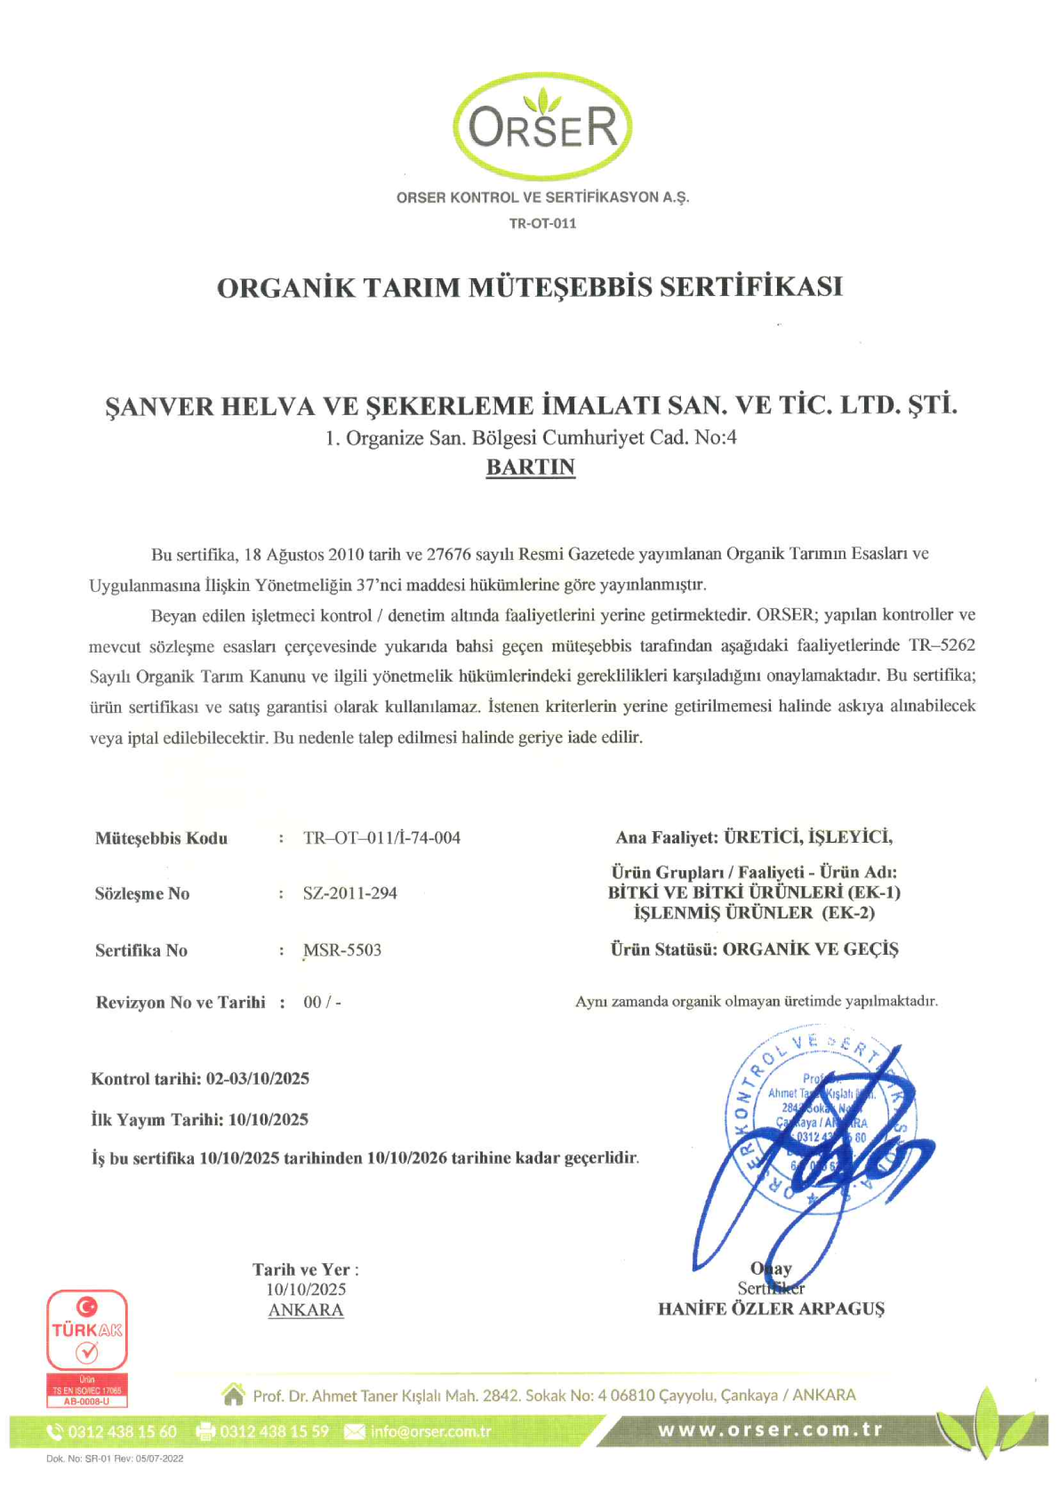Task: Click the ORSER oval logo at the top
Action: [542, 125]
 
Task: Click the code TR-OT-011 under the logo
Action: [542, 223]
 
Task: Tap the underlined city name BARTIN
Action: [530, 468]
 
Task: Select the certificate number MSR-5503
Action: [342, 950]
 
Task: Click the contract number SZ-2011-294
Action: [349, 893]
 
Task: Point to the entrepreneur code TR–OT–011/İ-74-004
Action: [381, 837]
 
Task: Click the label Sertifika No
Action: [141, 950]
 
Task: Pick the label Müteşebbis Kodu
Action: [161, 838]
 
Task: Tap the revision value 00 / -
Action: [322, 1002]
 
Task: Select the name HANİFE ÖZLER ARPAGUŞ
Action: [771, 1308]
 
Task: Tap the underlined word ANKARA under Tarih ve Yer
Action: [306, 1309]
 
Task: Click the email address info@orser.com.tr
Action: [430, 1431]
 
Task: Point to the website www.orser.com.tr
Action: [770, 1430]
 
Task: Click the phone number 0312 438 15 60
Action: [122, 1432]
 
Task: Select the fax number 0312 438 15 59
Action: [274, 1432]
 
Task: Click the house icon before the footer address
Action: [234, 1395]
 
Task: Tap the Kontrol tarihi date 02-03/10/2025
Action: [258, 1078]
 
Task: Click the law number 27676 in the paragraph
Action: [448, 554]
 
